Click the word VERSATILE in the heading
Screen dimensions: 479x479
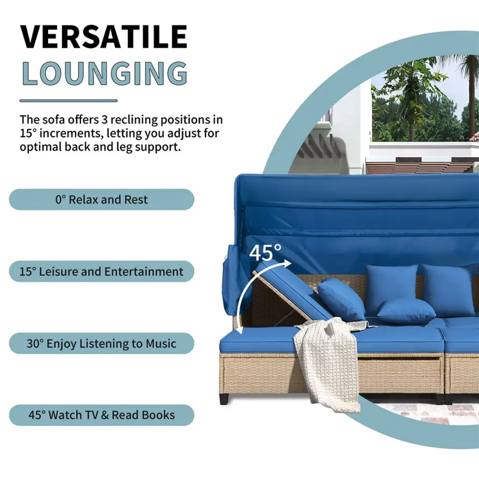[103, 36]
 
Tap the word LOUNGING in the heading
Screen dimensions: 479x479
[105, 73]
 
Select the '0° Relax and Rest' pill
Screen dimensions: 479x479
[102, 199]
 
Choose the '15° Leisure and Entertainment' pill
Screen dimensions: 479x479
[102, 271]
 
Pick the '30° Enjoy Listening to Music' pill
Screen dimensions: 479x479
[102, 343]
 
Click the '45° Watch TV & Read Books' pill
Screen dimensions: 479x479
[102, 415]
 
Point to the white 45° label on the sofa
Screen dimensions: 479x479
[265, 252]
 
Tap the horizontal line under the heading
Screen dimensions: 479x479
[68, 101]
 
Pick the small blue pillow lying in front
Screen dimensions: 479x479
[406, 312]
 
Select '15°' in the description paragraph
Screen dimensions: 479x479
[28, 133]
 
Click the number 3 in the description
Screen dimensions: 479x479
[104, 119]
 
